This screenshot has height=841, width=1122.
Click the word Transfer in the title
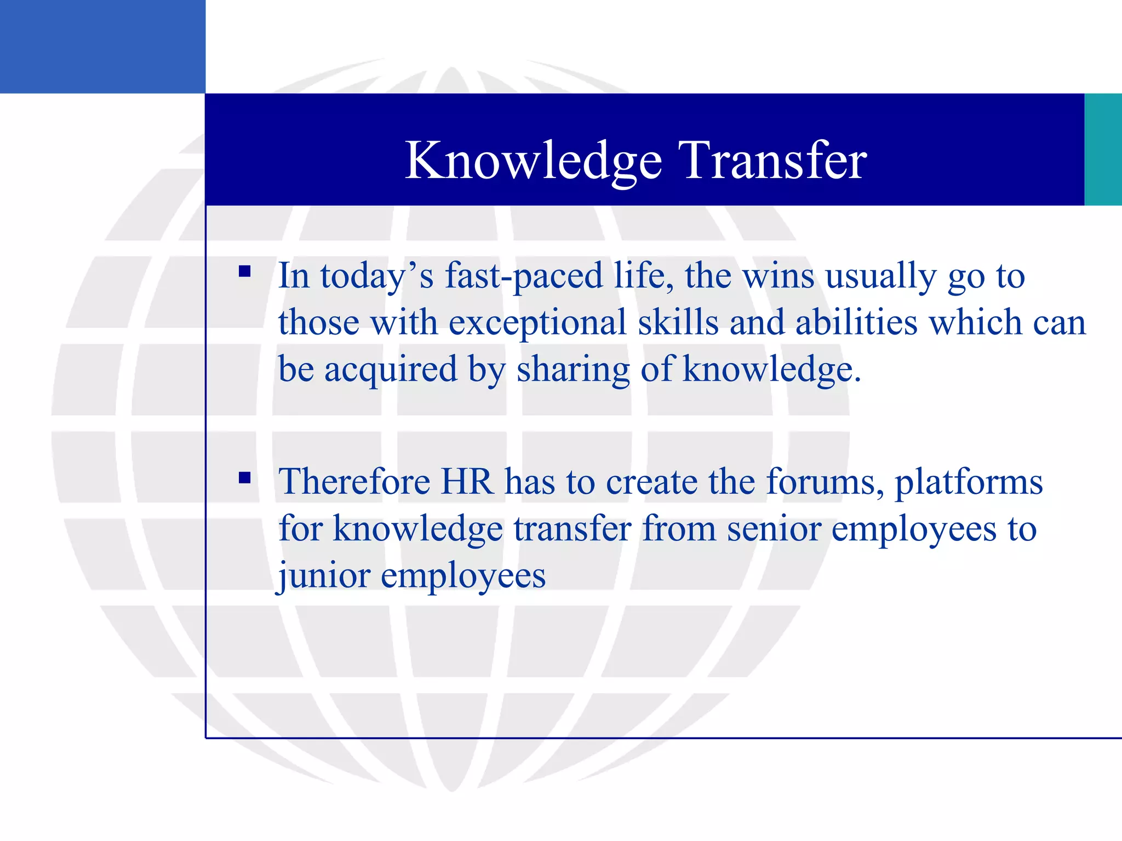[772, 160]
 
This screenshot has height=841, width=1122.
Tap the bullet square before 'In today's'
[244, 272]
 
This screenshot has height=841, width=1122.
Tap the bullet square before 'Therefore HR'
[244, 478]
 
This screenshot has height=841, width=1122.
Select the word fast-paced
[523, 277]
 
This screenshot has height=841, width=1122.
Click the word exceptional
[537, 323]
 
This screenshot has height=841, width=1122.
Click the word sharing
[574, 370]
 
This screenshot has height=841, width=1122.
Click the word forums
[824, 482]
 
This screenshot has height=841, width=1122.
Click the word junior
[323, 576]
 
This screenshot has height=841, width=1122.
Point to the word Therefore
[354, 482]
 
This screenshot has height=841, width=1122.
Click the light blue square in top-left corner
[102, 47]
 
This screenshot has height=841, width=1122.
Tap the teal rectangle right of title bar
[1103, 149]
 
